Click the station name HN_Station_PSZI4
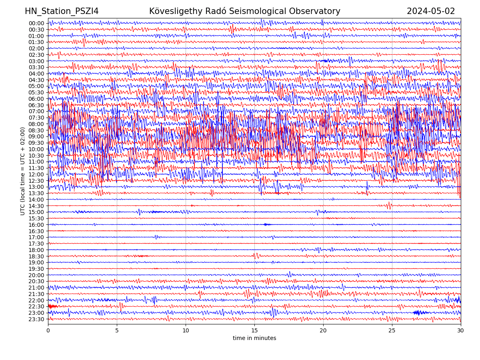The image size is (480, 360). pos(62,11)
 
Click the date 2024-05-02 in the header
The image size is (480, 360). pos(431,11)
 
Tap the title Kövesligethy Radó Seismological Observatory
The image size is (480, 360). pos(244,11)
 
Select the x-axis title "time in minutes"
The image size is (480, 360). pos(254,338)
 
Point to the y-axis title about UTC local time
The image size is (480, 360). pos(23,171)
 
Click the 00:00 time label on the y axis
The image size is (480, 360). pos(36,23)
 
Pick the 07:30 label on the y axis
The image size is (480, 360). pos(36,118)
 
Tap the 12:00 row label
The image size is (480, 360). pos(36,174)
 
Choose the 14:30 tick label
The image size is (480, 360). pos(36,206)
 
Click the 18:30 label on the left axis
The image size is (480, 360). pos(36,256)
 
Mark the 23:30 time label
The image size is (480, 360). pos(36,319)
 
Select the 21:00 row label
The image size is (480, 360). pos(36,288)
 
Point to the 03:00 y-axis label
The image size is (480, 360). pos(36,61)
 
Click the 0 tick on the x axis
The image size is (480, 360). pos(48,330)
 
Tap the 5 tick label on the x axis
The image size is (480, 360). pos(117,330)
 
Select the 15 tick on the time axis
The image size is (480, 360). pos(254,330)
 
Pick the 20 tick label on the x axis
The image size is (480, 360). pos(323,330)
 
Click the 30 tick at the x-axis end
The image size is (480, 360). pos(461,330)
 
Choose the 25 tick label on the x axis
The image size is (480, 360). pos(392,330)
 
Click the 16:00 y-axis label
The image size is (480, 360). pos(36,225)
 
